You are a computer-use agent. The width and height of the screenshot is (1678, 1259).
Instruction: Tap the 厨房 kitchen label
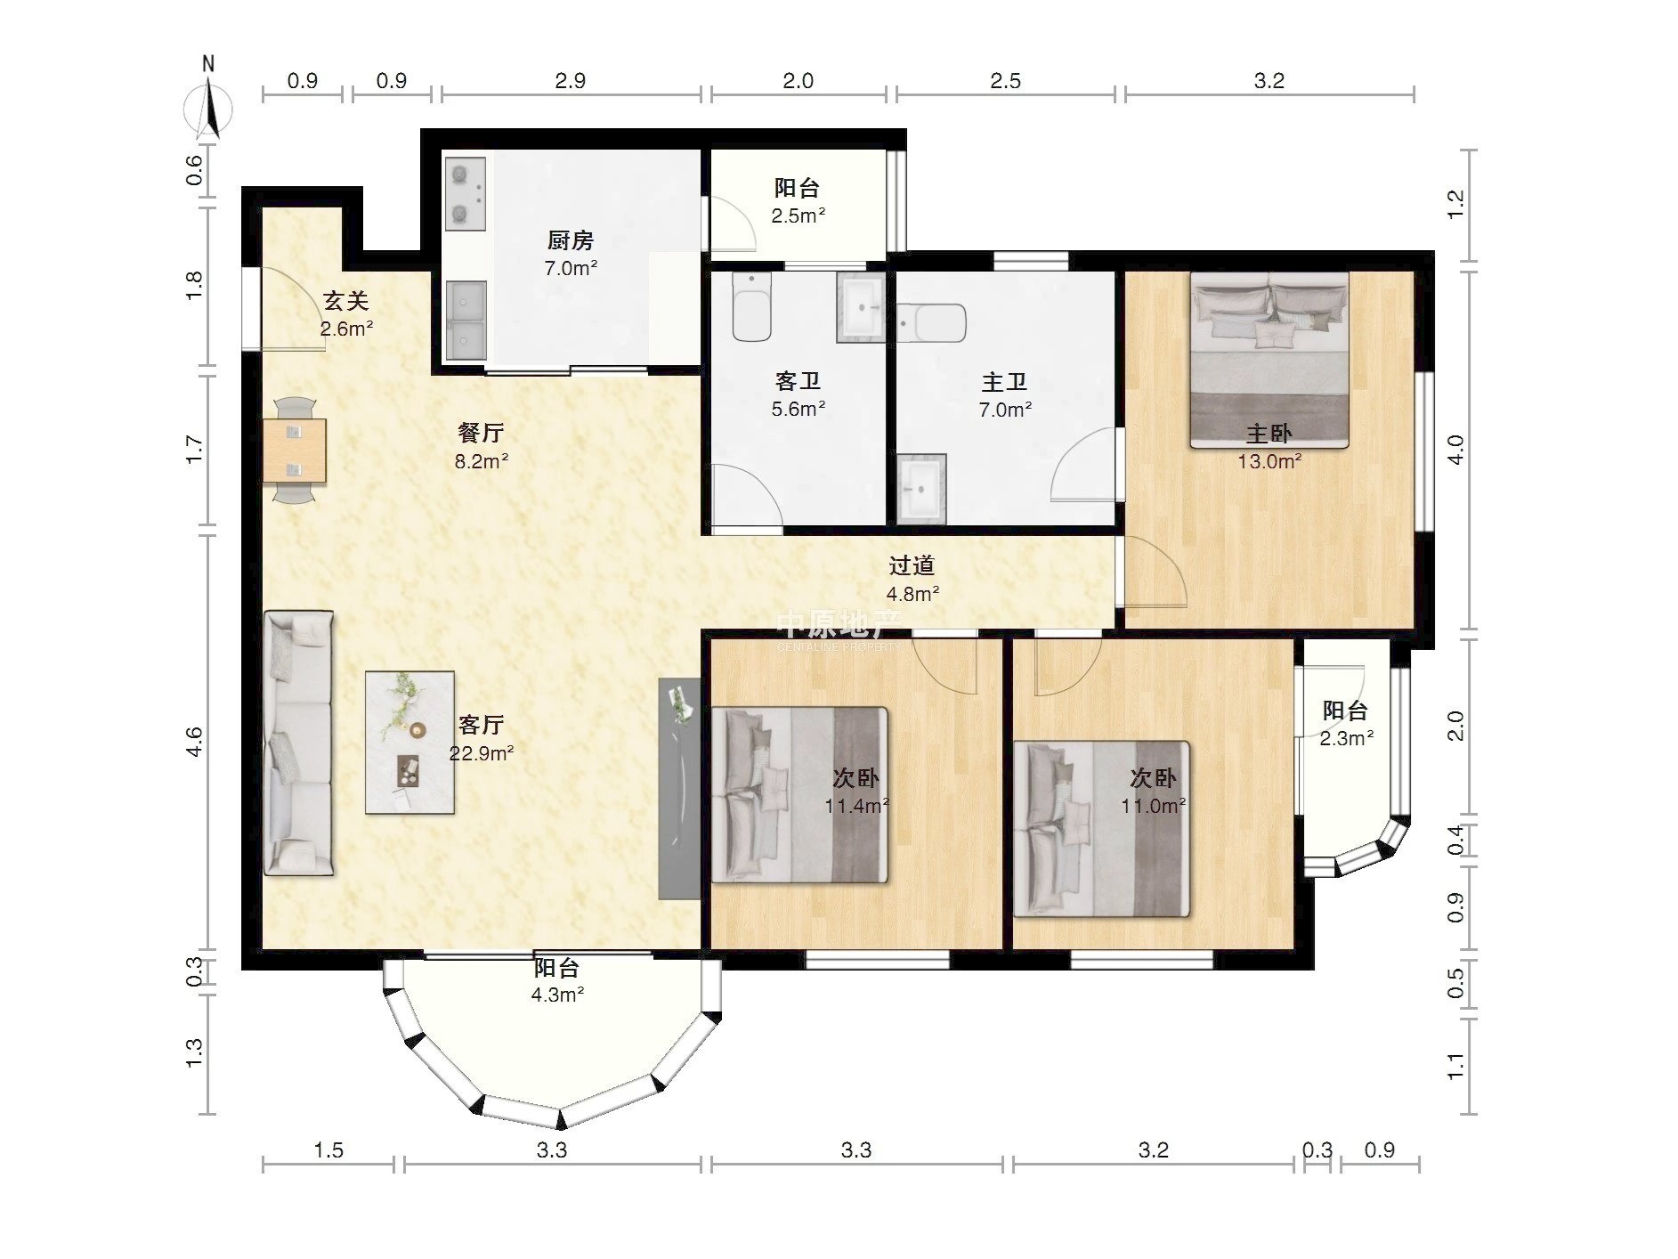(571, 240)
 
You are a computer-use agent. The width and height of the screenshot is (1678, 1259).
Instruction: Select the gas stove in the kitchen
(465, 193)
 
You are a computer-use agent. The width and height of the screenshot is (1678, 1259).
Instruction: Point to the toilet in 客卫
(751, 307)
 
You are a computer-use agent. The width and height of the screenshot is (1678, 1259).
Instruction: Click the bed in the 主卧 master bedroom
(1269, 360)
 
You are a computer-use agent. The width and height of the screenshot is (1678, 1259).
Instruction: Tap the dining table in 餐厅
(295, 451)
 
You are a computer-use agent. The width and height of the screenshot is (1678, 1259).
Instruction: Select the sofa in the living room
(299, 743)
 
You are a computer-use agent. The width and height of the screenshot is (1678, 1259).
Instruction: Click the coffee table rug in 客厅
(409, 743)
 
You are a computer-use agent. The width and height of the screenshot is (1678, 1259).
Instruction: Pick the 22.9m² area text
(482, 753)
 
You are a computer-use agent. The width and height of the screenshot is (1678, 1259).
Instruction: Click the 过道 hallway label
(912, 565)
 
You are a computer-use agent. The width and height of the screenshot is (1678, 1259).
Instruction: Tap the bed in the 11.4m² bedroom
(799, 795)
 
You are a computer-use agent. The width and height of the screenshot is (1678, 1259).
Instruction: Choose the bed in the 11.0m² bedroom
(1102, 829)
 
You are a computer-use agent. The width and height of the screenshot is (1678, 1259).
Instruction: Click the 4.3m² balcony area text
(558, 995)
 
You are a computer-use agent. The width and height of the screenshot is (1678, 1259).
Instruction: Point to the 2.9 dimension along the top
(571, 81)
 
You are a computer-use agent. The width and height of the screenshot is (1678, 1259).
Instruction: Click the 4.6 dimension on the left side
(194, 743)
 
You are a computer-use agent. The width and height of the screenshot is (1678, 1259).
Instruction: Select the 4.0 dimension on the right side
(1455, 450)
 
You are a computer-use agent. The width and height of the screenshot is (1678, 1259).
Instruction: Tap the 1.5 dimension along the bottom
(328, 1150)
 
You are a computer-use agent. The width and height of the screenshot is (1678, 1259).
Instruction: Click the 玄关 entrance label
(346, 301)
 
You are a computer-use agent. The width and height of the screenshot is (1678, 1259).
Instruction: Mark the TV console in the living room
(679, 789)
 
